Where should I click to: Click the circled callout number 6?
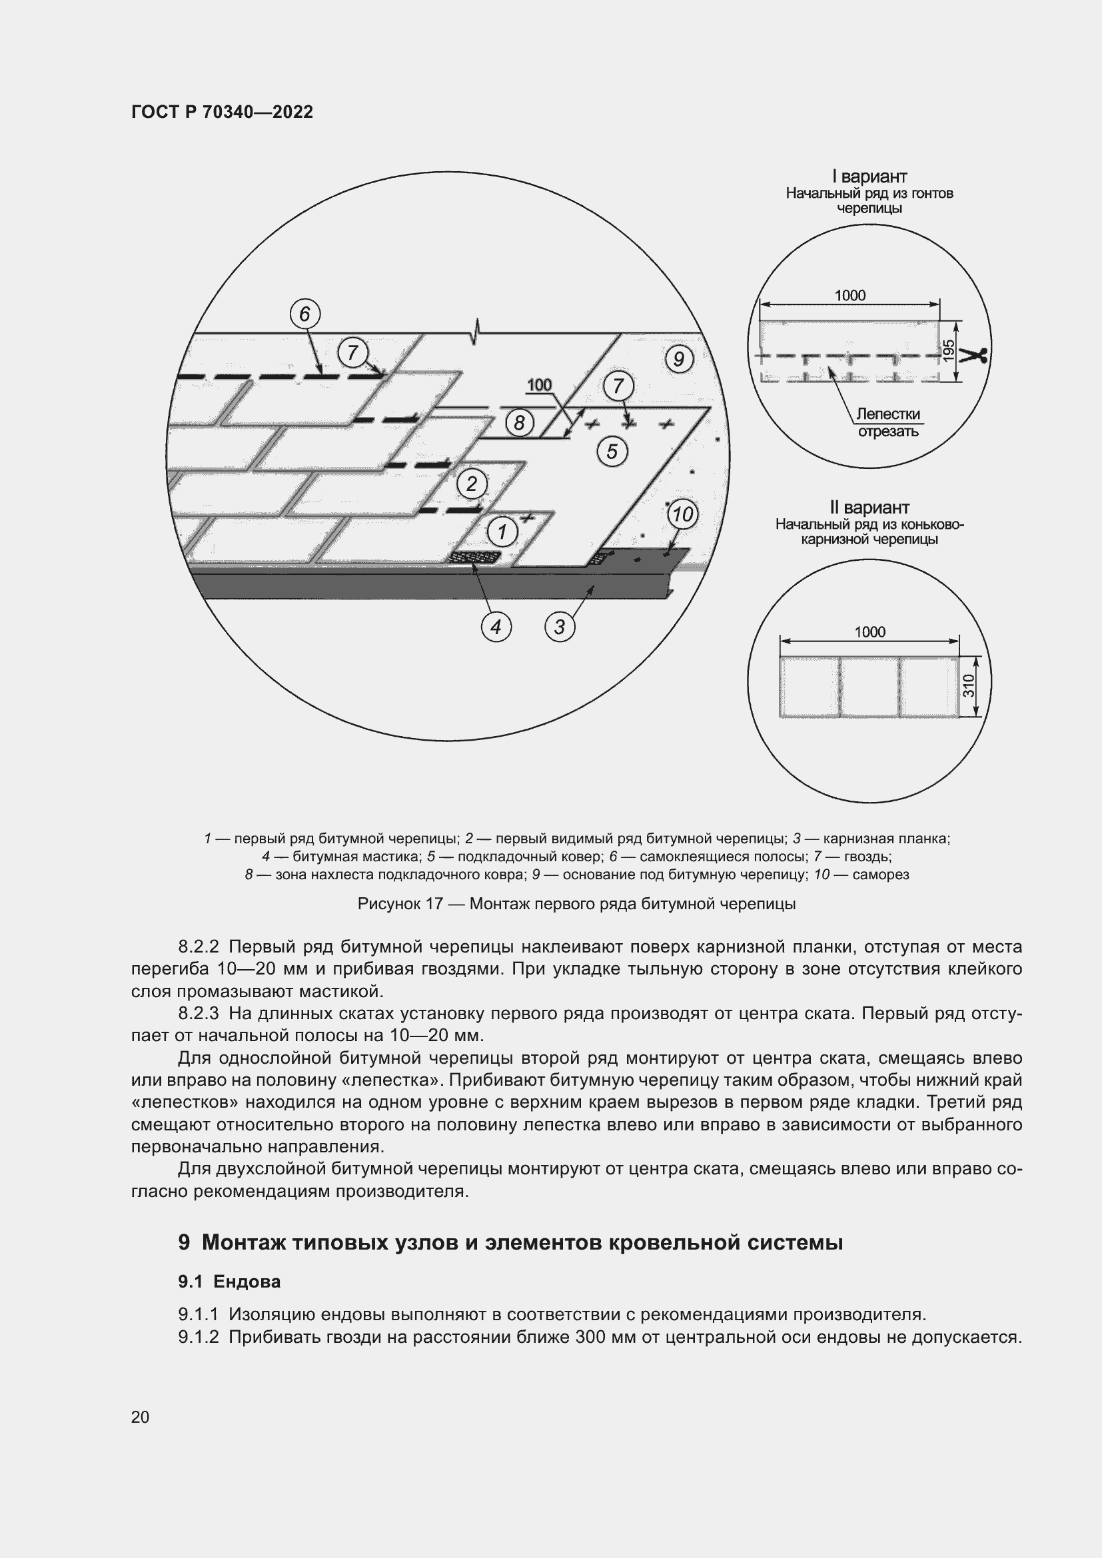[304, 314]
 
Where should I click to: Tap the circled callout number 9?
[678, 358]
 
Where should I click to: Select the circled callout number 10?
[682, 514]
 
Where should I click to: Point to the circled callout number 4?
[496, 626]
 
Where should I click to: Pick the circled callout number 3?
[559, 626]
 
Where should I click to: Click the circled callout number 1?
[502, 532]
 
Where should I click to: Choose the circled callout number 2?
[472, 484]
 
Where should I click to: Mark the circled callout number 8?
[519, 423]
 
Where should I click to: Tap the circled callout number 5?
[612, 451]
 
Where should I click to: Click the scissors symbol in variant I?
[977, 355]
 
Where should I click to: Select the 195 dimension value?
[950, 350]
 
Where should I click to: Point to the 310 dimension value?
[969, 686]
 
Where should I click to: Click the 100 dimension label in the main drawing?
[540, 386]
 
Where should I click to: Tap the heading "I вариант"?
[869, 177]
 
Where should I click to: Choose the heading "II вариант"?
[869, 508]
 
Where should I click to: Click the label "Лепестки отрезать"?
[887, 423]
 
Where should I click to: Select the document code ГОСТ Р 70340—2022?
[222, 113]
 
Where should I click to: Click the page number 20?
[141, 1417]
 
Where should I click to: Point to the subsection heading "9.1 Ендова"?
[229, 1282]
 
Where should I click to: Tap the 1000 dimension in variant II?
[869, 632]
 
